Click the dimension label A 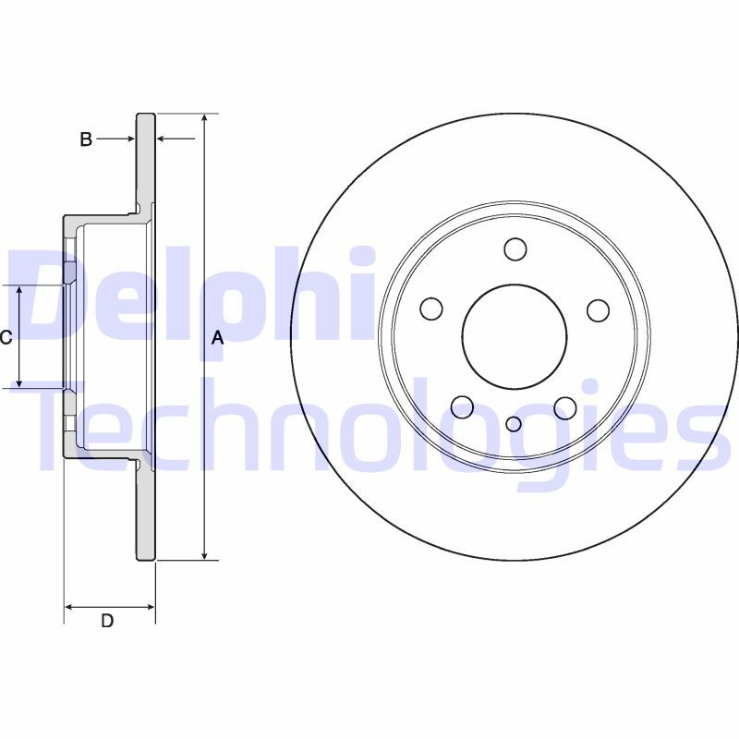point(217,337)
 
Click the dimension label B point(86,139)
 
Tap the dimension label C point(6,337)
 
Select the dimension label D point(107,621)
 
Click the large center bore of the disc point(515,337)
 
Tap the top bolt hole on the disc point(515,248)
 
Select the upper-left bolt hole point(431,309)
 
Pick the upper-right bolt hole point(598,310)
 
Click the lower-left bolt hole point(463,406)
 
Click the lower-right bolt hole point(565,408)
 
